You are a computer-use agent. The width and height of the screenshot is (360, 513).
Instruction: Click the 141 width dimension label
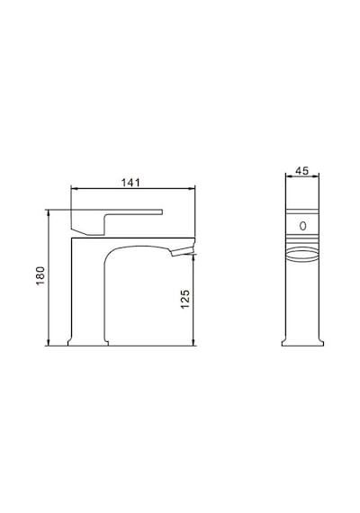[x=130, y=182]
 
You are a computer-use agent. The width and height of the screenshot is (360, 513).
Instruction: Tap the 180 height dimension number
[x=40, y=275]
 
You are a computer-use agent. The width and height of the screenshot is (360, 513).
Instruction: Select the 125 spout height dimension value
[x=184, y=299]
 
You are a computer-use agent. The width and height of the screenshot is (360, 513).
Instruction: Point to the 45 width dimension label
[x=301, y=171]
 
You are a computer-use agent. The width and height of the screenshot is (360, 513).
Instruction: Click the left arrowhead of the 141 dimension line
[x=74, y=188]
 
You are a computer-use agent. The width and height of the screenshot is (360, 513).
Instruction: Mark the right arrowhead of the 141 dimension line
[x=192, y=188]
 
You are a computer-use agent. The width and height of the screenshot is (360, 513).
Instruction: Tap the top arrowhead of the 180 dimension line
[x=48, y=213]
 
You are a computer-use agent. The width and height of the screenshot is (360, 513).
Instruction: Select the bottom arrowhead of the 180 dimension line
[x=48, y=343]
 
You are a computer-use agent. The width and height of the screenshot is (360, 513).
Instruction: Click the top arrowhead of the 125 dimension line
[x=193, y=257]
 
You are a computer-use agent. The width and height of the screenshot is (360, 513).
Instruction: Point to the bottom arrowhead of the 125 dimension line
[x=193, y=343]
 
